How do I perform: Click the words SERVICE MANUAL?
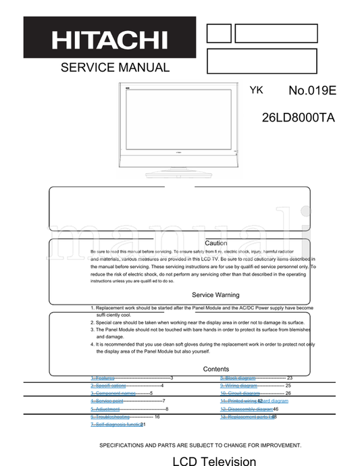[115, 68]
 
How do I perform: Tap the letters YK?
[257, 90]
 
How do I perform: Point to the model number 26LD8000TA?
[298, 117]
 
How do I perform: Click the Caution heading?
[215, 243]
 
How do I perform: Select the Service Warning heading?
[215, 295]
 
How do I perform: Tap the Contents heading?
[215, 369]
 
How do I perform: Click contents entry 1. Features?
[102, 378]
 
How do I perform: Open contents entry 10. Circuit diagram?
[240, 393]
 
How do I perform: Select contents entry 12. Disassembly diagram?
[246, 409]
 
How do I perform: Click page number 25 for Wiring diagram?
[288, 386]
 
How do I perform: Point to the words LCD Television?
[214, 461]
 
